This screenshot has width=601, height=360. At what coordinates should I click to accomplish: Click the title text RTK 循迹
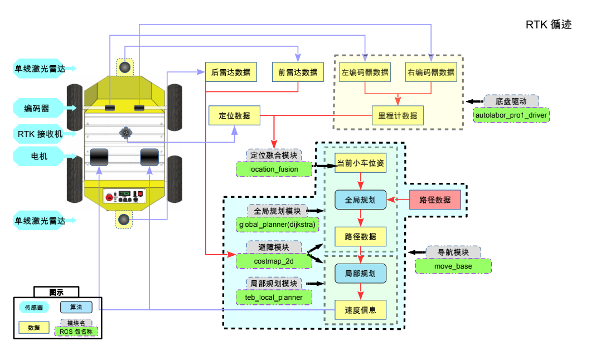(549, 25)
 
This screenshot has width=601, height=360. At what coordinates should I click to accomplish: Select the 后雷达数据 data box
(231, 72)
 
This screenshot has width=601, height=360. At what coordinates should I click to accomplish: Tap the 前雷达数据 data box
(298, 72)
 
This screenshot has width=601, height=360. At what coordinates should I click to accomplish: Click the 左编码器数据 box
(365, 72)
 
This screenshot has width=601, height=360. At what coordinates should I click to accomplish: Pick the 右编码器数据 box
(431, 72)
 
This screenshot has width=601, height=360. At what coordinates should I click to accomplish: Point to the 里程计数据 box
(398, 115)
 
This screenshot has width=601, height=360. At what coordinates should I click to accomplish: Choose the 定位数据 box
(234, 115)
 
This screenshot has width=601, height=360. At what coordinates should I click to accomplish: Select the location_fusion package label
(274, 169)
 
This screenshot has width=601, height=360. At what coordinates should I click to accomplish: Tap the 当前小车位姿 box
(360, 163)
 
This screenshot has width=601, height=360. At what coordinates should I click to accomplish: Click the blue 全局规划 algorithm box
(360, 200)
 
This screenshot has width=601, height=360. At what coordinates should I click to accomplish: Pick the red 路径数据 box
(435, 200)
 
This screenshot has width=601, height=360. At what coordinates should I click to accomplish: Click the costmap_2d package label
(274, 261)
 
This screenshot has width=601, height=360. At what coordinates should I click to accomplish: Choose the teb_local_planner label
(274, 297)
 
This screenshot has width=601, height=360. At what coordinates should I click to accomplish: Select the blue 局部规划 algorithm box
(360, 274)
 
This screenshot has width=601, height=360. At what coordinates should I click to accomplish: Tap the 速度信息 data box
(360, 310)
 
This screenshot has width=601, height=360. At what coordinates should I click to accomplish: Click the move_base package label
(454, 266)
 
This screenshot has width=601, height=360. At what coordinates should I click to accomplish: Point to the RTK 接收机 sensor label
(47, 134)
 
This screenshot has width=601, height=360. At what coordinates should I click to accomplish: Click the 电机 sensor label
(40, 156)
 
